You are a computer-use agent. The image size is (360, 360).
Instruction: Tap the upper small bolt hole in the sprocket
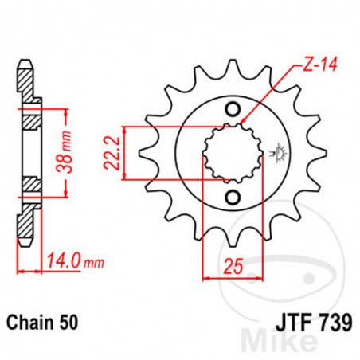tap(232, 109)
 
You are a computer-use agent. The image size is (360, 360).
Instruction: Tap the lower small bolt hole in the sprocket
tap(232, 197)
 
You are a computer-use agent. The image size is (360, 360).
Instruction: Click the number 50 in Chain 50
tap(68, 325)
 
